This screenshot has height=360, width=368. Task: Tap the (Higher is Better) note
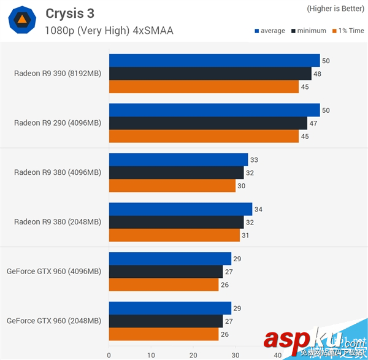[x=335, y=8]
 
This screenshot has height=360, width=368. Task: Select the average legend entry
[x=269, y=31]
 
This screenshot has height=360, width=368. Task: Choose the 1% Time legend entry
[x=348, y=31]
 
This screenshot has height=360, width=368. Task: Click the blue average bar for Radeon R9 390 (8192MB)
[x=214, y=60]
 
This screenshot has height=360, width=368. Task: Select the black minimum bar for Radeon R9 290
[x=208, y=123]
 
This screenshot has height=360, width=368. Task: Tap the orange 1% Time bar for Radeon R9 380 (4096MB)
[x=172, y=186]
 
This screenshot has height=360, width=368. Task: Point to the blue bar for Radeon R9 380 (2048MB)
[x=180, y=209]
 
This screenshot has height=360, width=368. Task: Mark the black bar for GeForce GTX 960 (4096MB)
[x=166, y=272]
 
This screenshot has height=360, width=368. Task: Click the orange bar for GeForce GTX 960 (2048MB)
[x=163, y=334]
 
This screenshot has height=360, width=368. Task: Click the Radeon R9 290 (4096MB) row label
[x=57, y=123]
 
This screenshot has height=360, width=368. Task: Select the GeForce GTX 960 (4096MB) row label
[x=54, y=271]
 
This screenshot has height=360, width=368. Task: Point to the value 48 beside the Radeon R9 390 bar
[x=317, y=74]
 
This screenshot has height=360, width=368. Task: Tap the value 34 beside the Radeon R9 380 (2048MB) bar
[x=258, y=210]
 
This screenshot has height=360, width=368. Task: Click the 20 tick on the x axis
[x=193, y=354]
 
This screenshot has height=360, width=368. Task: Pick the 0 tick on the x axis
[x=109, y=354]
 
